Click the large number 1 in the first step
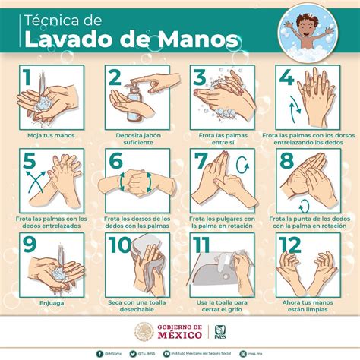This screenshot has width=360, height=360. pos(27,78)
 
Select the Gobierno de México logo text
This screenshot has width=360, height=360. pos(180,331)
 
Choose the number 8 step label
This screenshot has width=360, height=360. pos(286,162)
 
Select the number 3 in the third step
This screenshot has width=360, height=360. pos(199,78)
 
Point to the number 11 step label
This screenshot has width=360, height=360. pos(201,245)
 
